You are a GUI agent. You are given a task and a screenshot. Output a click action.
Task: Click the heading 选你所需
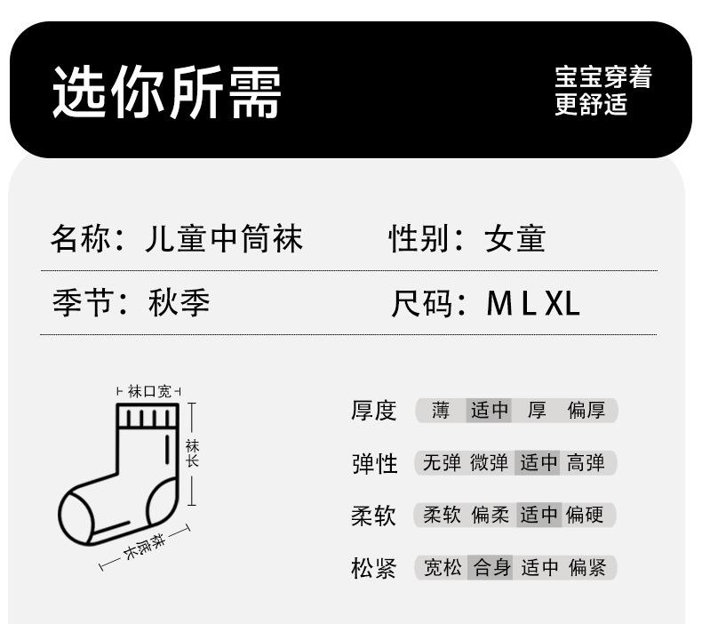167,92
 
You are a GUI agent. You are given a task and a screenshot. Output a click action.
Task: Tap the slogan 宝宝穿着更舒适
602,91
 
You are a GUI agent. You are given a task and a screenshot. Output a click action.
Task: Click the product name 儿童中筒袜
224,239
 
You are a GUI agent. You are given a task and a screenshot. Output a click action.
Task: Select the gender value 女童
515,239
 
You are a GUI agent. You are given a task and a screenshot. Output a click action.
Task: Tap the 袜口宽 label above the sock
148,391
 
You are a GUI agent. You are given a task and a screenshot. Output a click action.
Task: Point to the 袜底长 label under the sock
146,544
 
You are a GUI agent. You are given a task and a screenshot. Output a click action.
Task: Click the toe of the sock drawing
76,517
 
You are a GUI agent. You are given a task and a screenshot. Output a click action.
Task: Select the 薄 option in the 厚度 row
441,411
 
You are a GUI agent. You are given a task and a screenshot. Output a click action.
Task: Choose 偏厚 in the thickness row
586,411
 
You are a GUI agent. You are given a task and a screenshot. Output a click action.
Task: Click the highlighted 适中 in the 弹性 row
538,463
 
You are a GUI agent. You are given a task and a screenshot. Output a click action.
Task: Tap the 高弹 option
586,463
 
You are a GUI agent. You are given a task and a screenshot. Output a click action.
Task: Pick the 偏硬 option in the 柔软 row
586,516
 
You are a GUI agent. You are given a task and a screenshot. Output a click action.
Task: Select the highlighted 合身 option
491,568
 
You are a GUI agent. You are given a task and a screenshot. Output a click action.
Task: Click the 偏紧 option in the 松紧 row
586,568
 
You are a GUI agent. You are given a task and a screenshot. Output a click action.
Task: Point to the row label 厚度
373,411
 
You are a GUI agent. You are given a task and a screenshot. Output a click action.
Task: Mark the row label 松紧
373,568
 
